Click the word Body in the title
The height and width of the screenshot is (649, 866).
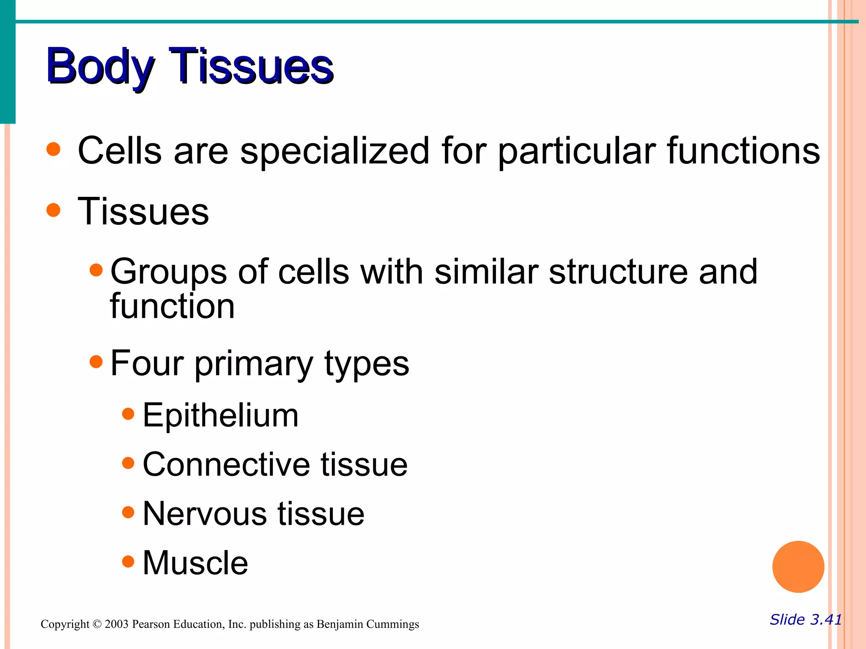pos(99,67)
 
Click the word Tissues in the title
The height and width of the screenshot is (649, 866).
pos(251,67)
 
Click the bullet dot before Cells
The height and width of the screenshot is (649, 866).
pos(54,149)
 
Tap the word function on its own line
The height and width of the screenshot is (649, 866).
pos(172,306)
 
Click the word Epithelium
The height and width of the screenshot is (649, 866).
pos(220,416)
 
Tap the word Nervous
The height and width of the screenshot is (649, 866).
pos(205,514)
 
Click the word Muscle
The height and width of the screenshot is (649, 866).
pos(195,563)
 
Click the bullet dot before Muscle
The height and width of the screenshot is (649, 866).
pos(128,562)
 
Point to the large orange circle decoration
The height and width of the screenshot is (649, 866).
pos(798,567)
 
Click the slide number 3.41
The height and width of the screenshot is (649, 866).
pos(825,619)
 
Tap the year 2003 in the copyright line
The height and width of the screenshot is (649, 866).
pos(116,624)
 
